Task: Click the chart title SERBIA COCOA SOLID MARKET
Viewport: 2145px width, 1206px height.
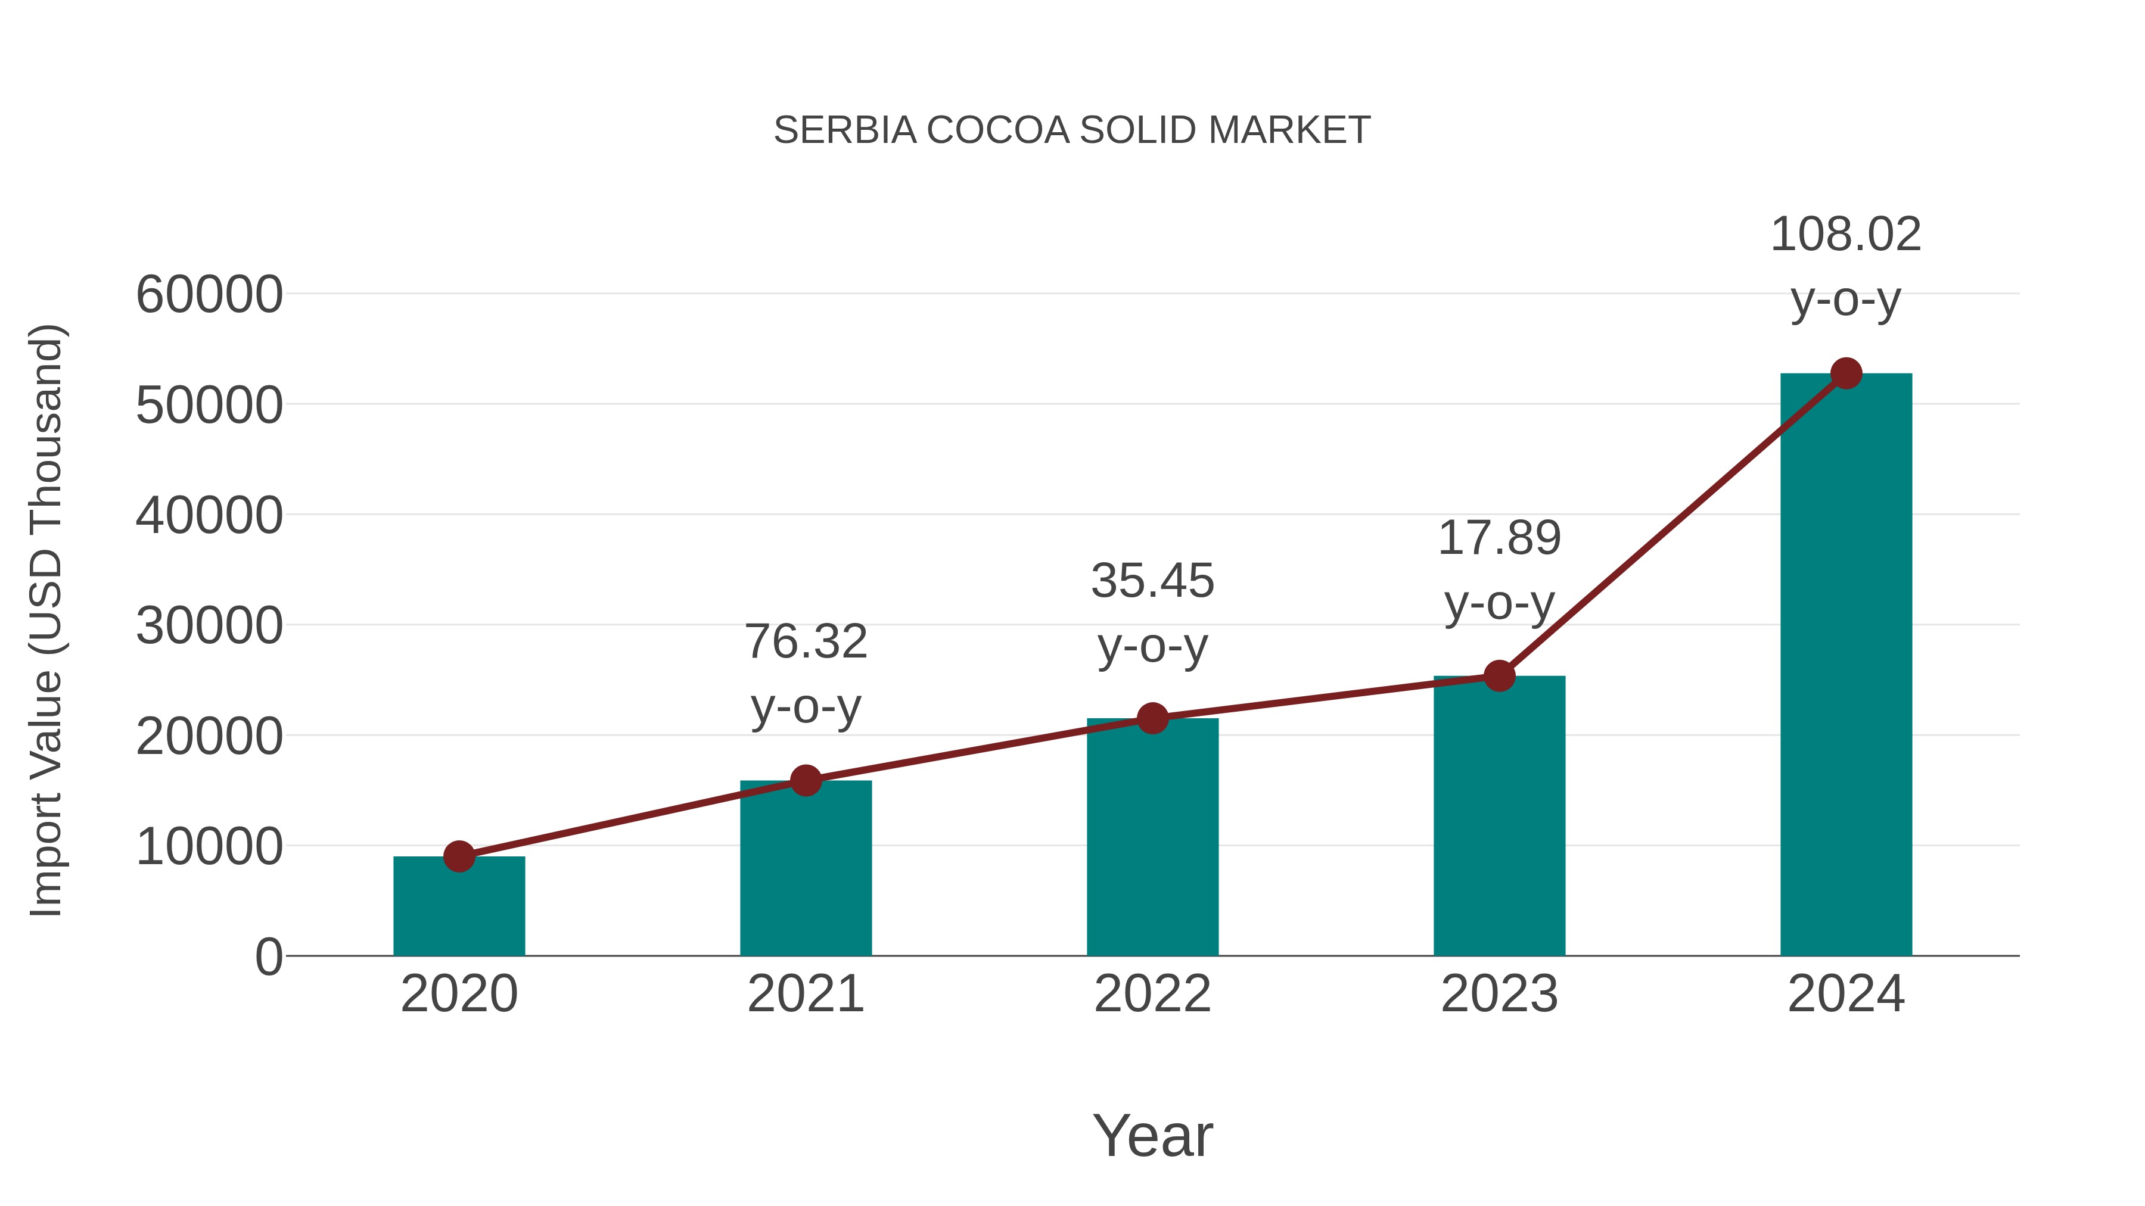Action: click(1072, 130)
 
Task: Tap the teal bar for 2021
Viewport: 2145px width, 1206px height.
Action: click(805, 870)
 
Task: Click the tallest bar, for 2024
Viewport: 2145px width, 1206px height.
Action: click(1846, 666)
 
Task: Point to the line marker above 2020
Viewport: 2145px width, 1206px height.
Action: click(459, 856)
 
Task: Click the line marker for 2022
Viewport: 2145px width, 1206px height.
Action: click(1152, 718)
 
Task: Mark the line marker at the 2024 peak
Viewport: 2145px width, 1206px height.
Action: click(1846, 373)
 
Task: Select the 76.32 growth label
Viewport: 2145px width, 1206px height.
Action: click(805, 643)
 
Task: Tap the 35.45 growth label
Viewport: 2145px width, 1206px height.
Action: click(1152, 581)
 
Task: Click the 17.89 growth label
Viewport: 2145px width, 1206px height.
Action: click(1499, 538)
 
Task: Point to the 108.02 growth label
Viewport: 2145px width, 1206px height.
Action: click(1845, 235)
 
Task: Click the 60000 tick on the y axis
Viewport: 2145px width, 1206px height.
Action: click(209, 295)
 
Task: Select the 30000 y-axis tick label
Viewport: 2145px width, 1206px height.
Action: click(209, 626)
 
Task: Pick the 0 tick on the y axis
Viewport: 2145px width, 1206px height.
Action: click(269, 957)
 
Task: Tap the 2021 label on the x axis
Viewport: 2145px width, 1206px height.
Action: click(805, 995)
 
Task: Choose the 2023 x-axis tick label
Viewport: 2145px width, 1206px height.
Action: click(1499, 995)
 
